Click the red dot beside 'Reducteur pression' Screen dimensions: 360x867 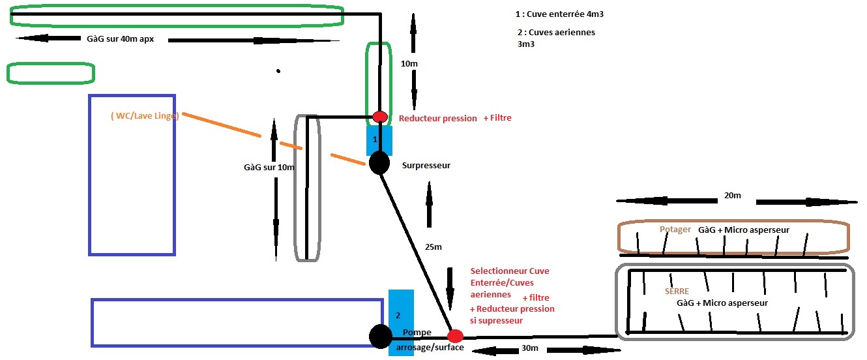(380, 117)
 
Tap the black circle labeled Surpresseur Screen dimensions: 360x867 (379, 163)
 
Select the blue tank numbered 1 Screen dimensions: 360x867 (379, 140)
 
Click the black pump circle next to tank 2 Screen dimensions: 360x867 (380, 337)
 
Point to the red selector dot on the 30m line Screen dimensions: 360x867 (455, 337)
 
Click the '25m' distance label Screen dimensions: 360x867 (433, 247)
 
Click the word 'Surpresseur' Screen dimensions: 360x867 (426, 166)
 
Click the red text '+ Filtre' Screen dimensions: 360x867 (497, 118)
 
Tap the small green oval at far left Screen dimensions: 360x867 (51, 73)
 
